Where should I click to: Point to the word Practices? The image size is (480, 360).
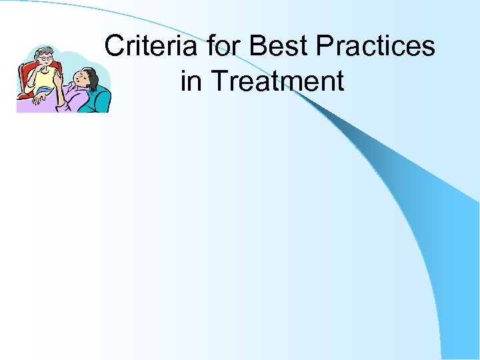[375, 47]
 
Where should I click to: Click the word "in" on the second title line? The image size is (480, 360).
[191, 81]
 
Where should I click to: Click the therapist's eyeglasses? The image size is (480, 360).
[45, 59]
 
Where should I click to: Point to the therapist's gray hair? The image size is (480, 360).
[43, 50]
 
